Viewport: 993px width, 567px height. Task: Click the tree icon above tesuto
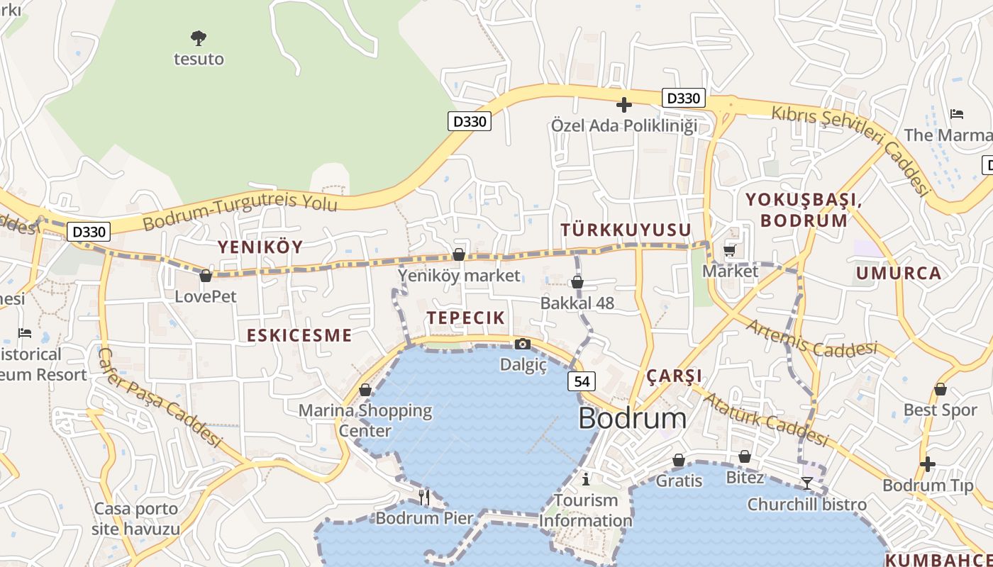[x=199, y=37]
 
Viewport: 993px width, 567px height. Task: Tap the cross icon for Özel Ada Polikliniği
[x=624, y=106]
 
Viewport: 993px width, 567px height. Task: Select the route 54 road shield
[x=582, y=381]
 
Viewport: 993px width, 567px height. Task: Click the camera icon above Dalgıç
[x=523, y=344]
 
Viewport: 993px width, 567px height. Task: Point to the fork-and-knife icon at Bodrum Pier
[x=424, y=497]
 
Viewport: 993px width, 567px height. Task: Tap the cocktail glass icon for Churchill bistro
[x=807, y=483]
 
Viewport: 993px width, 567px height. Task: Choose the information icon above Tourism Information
[x=585, y=478]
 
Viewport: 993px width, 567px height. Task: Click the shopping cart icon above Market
[x=730, y=250]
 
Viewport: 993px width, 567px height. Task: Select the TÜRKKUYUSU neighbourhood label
[x=626, y=230]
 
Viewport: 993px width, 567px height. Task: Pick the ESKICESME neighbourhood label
[x=299, y=335]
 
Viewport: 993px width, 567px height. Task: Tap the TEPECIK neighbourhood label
[x=465, y=318]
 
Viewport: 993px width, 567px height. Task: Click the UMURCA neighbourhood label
[x=899, y=273]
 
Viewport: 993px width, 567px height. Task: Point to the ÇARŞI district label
[x=675, y=376]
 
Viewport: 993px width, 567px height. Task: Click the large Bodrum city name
[x=632, y=418]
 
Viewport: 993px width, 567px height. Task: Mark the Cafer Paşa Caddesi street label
[x=160, y=397]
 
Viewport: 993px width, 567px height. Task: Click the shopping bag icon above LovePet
[x=206, y=276]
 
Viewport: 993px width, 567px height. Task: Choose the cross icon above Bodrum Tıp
[x=928, y=464]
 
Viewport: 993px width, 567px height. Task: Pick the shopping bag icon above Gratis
[x=679, y=460]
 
